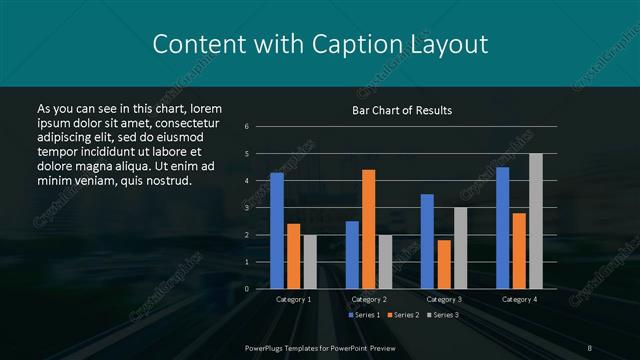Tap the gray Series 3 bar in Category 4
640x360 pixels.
(x=535, y=221)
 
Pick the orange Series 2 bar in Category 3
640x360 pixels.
(x=444, y=264)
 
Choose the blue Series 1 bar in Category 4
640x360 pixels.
(x=502, y=228)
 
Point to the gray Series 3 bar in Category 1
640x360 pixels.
(x=309, y=262)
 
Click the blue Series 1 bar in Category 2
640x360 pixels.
(x=352, y=255)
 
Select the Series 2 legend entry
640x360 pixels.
(x=402, y=315)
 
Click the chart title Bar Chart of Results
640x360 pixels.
(x=402, y=110)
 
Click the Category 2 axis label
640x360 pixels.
(x=368, y=299)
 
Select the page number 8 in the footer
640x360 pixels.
(x=589, y=346)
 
